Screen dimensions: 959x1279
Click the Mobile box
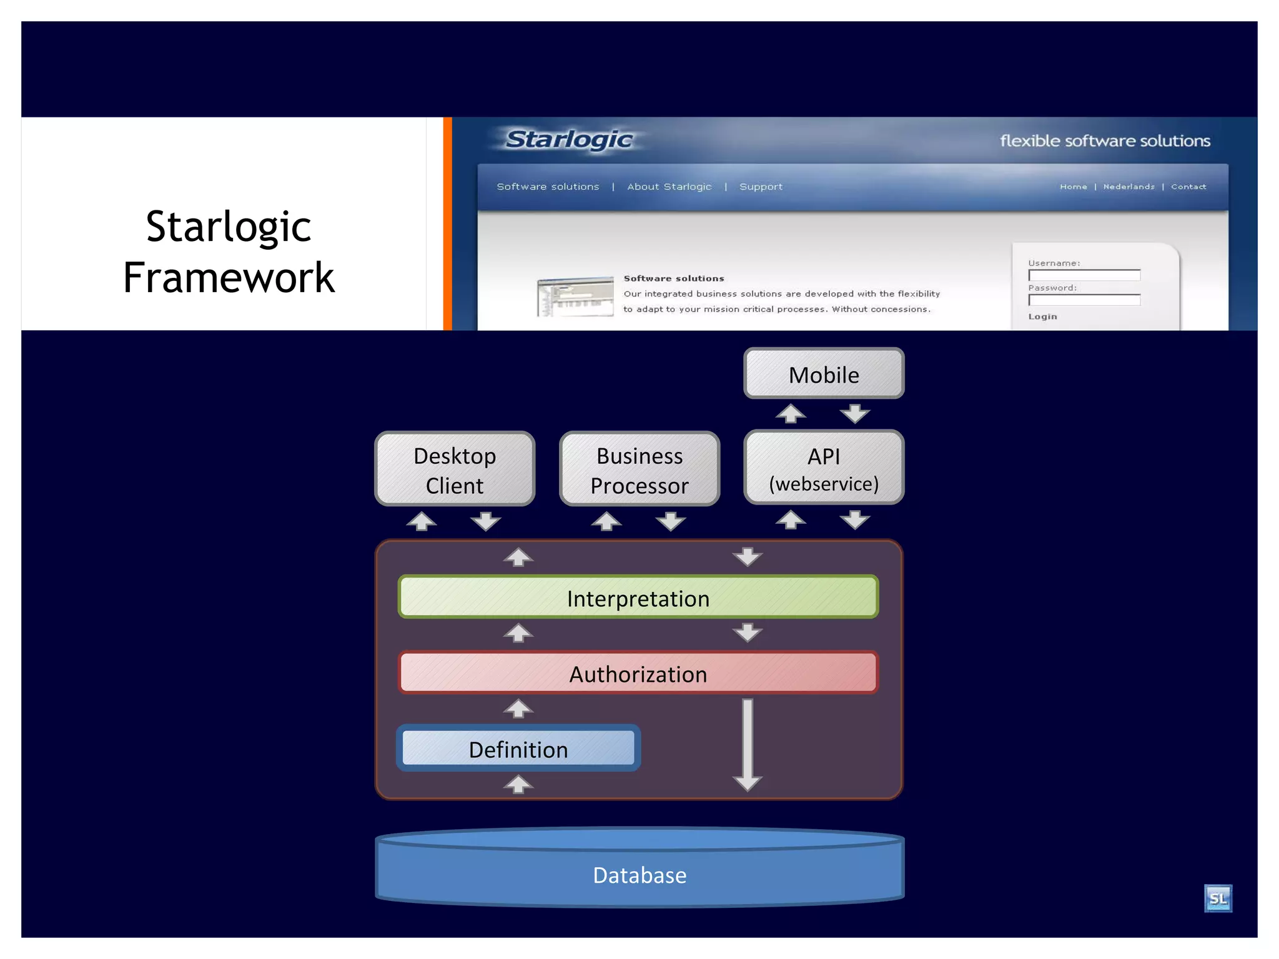coord(824,374)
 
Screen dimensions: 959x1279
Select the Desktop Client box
coord(455,470)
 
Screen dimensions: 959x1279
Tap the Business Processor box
coord(639,470)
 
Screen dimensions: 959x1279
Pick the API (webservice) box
coord(824,468)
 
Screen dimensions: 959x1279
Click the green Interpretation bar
coord(638,598)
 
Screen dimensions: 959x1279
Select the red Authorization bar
coord(638,674)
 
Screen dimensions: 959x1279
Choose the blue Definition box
coord(518,749)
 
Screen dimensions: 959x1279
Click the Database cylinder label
coord(639,875)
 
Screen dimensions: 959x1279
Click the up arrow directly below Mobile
coord(791,413)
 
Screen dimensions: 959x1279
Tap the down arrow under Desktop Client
coord(486,521)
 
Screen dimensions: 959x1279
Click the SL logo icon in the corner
coord(1218,898)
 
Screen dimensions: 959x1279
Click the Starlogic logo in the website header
coord(569,139)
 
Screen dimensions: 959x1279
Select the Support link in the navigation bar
coord(761,187)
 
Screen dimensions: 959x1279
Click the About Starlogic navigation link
coord(669,187)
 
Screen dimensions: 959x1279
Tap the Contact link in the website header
coord(1188,187)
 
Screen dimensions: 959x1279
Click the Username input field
coord(1084,275)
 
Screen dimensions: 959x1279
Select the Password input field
coord(1084,300)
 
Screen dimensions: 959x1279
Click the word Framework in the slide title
coord(229,277)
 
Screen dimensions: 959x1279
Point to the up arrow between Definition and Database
coord(518,784)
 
